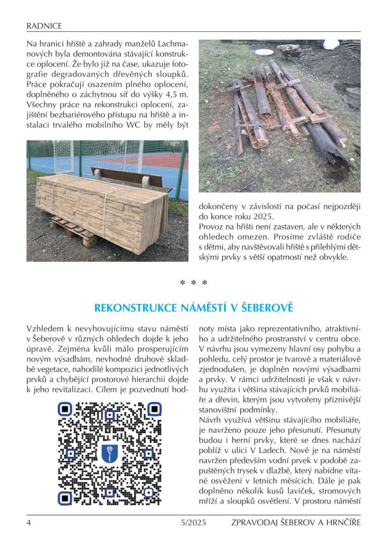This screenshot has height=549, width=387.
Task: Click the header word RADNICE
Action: pos(44,25)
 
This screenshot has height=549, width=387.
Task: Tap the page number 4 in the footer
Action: pos(28,522)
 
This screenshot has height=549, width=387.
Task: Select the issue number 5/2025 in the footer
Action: pos(193,522)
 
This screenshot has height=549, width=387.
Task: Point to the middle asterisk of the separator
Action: pos(193,283)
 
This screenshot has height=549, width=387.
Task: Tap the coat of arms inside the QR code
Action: pos(109,454)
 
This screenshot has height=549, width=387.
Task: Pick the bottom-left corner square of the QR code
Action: pos(64,499)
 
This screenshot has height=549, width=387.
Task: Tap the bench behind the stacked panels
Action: pos(134,177)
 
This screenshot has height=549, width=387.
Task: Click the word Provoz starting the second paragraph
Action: pos(213,226)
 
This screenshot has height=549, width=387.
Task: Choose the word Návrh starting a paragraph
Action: pos(212,416)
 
